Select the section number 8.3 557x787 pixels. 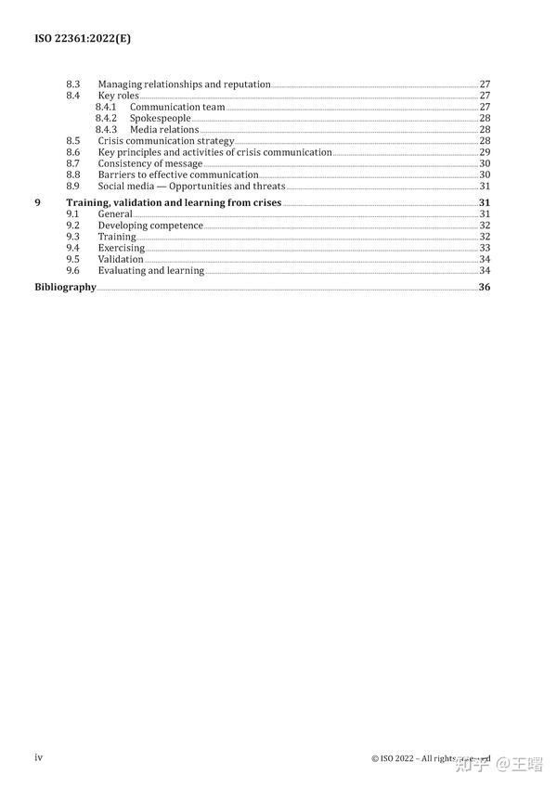pos(73,84)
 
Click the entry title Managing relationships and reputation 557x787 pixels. pos(184,84)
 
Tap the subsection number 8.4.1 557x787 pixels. pos(106,107)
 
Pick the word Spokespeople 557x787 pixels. pos(160,119)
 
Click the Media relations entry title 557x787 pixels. pos(164,130)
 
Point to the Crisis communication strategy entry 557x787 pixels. pos(166,141)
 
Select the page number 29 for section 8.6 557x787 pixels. pos(485,152)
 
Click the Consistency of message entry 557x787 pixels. pos(149,163)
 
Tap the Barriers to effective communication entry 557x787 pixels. pos(178,174)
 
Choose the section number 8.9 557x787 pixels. pos(73,186)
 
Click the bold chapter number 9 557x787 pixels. pos(37,202)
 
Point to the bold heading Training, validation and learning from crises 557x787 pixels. pos(174,202)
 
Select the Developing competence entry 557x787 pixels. pos(150,226)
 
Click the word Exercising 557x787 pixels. pos(122,248)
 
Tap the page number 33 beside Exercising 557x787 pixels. pos(485,248)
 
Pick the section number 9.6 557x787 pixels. pos(73,270)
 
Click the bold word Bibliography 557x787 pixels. pos(65,287)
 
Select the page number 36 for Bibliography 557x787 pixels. pos(485,287)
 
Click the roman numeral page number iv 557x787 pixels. pos(38,757)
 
